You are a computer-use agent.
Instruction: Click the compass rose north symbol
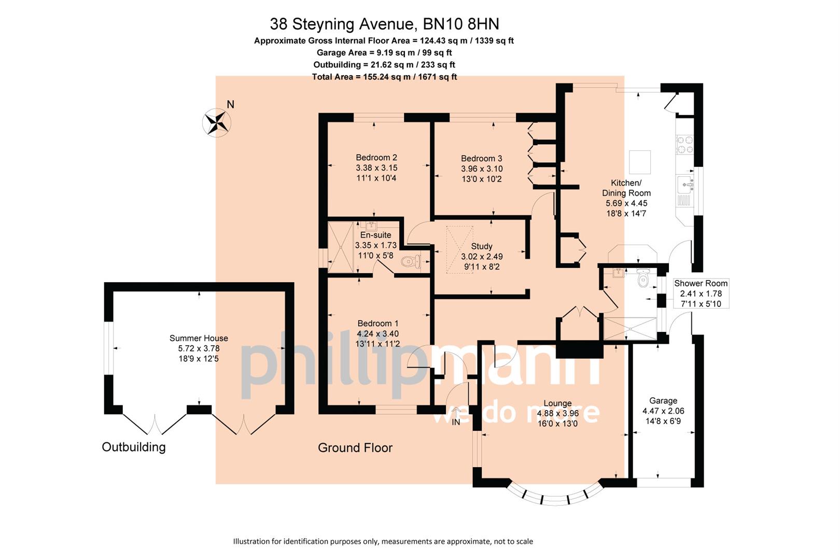(217, 123)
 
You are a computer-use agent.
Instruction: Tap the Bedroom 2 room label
(376, 158)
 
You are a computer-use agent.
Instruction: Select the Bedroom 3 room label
(481, 159)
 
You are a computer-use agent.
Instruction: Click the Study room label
(482, 246)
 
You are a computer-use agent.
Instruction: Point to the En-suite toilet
(411, 262)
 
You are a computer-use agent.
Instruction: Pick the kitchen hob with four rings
(685, 145)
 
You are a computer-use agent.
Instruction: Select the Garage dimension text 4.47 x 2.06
(663, 411)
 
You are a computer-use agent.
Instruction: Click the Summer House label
(199, 338)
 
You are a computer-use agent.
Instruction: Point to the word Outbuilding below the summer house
(134, 447)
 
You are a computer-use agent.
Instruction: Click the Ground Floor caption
(355, 448)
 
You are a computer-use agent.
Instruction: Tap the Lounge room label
(557, 403)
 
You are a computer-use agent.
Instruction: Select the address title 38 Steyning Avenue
(384, 24)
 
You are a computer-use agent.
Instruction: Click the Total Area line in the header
(384, 77)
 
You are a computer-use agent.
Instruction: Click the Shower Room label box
(701, 293)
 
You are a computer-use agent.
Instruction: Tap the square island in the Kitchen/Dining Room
(640, 162)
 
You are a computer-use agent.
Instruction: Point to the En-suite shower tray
(340, 247)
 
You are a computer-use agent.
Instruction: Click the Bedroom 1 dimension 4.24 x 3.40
(377, 334)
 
